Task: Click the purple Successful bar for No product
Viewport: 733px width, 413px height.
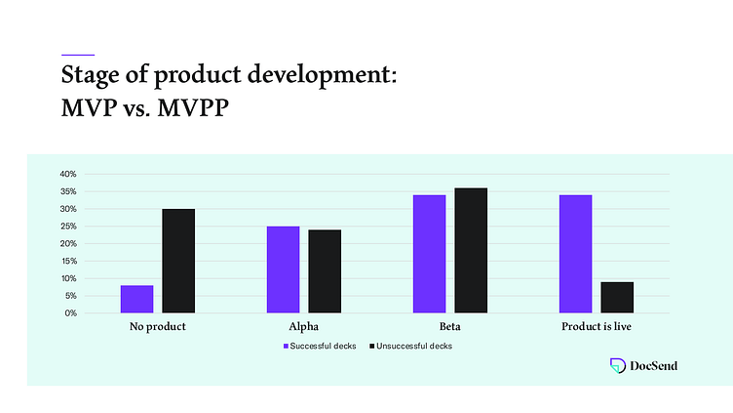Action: [137, 299]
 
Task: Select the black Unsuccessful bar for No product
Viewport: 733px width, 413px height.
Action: [178, 261]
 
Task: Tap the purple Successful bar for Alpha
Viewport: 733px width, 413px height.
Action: [284, 269]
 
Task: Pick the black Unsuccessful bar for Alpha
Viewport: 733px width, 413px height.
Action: [325, 271]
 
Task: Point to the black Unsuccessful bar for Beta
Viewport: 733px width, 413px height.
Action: [471, 250]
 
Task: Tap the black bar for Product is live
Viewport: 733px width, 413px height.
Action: [617, 297]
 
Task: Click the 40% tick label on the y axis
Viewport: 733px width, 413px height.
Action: [68, 174]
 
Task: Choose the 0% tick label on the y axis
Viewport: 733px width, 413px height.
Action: [70, 313]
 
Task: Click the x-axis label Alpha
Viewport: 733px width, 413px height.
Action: [303, 327]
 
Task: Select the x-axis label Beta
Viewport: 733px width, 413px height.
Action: [450, 327]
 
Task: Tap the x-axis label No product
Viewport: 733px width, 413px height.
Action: [158, 327]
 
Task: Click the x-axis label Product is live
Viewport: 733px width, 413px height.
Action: [597, 327]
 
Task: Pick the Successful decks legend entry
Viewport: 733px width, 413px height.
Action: [323, 347]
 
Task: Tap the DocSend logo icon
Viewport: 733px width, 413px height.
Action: [617, 365]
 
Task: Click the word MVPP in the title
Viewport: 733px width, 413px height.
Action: [194, 108]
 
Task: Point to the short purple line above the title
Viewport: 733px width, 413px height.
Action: [78, 54]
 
